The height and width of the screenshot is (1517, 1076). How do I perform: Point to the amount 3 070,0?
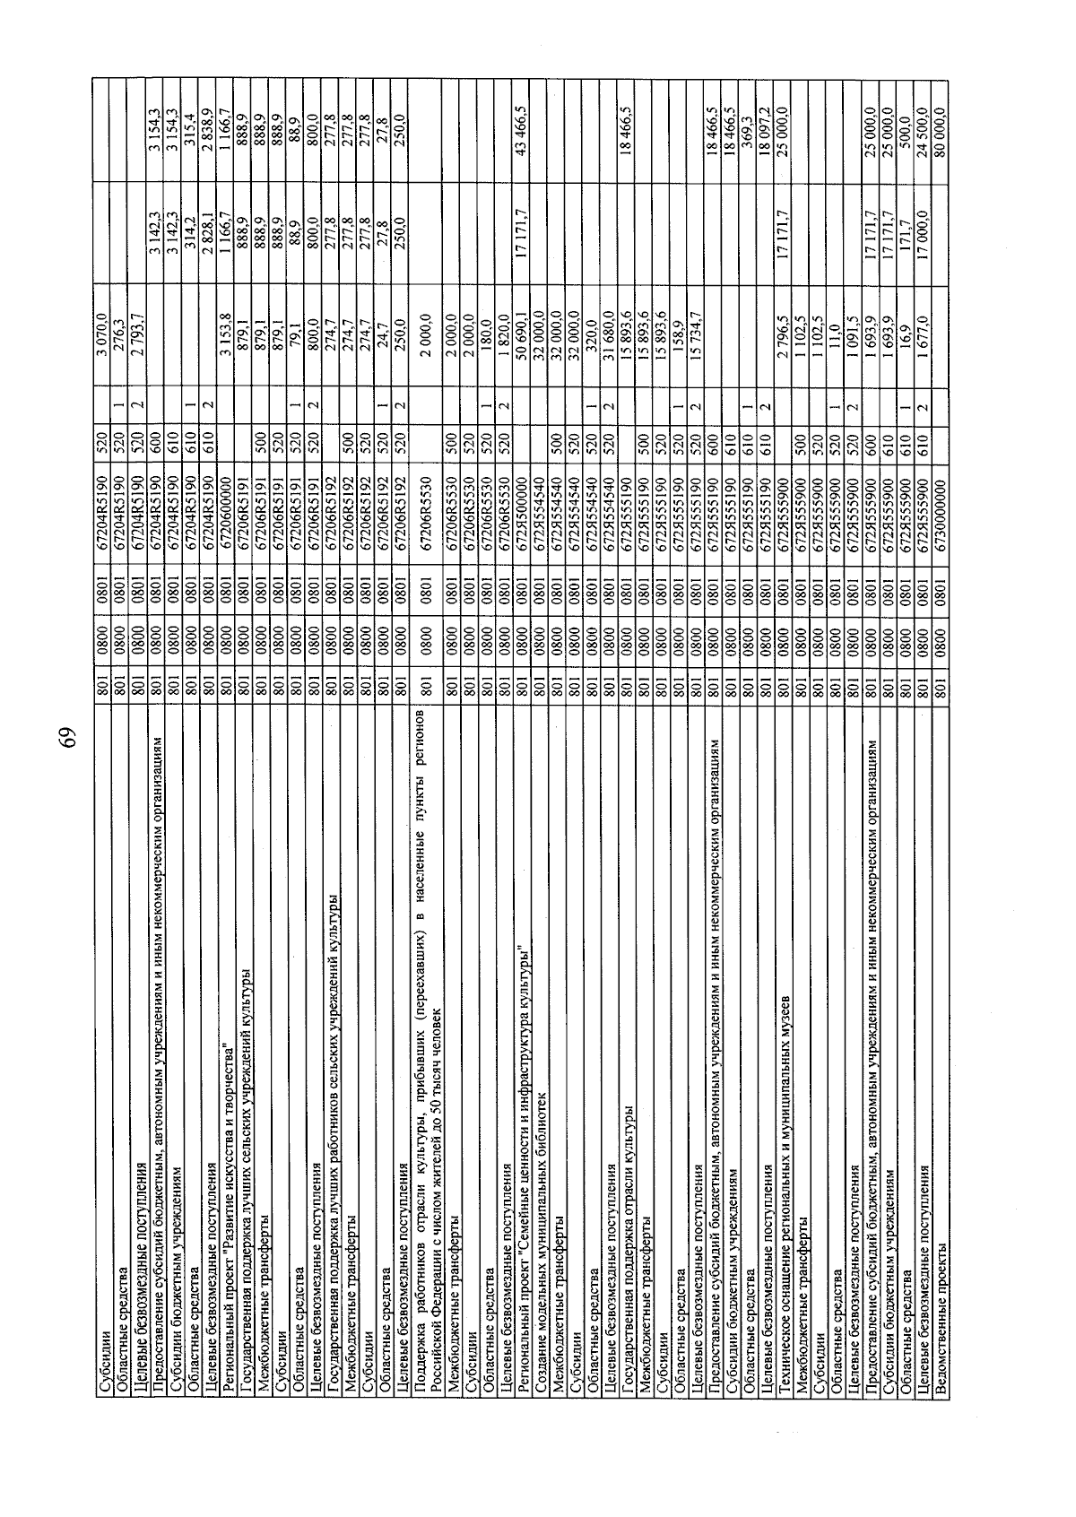click(101, 336)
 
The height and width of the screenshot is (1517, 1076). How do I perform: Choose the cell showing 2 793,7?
click(138, 336)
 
